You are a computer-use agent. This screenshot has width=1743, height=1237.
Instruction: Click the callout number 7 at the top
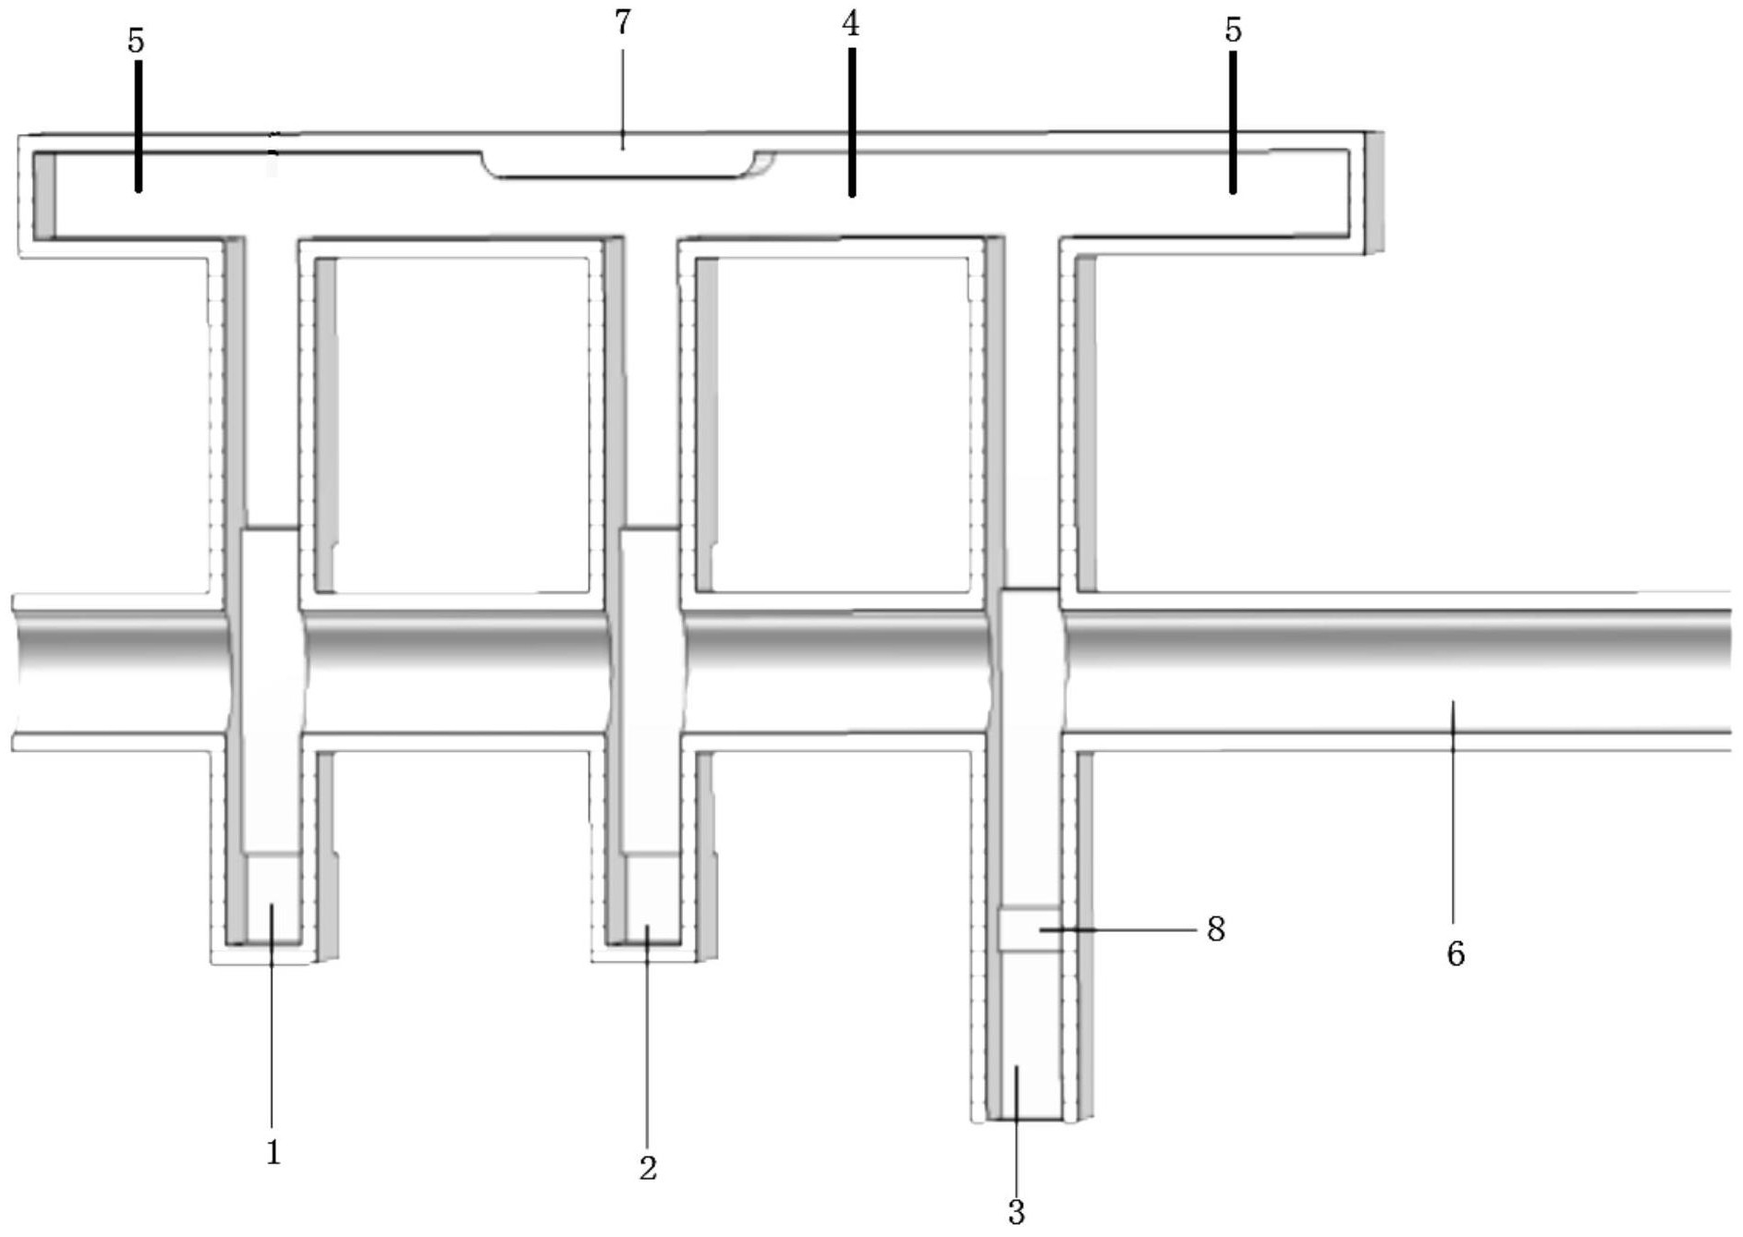(623, 23)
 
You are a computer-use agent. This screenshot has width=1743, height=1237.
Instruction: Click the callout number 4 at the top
(850, 25)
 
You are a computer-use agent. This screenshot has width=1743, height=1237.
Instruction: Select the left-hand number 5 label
(137, 41)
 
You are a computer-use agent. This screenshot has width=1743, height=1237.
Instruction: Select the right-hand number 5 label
(1233, 30)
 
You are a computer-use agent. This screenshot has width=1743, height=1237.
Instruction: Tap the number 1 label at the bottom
(273, 1152)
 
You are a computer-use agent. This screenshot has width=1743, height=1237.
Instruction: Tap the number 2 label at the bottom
(648, 1168)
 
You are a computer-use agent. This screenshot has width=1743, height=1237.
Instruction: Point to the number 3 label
(1017, 1211)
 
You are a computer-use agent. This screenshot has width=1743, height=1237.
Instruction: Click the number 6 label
(1456, 953)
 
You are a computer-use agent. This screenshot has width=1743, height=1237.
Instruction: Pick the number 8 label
(1216, 929)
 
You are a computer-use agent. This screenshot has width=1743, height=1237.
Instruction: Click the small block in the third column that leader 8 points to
(1017, 928)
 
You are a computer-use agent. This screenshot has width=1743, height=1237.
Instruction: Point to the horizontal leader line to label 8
(1123, 929)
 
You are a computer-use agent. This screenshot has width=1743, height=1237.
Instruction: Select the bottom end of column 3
(1024, 1081)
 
